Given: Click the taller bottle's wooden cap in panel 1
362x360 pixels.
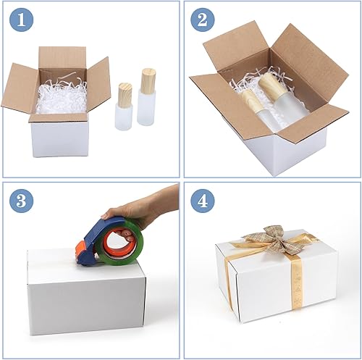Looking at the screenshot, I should pyautogui.click(x=148, y=80).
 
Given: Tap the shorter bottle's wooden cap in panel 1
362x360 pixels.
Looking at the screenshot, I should pyautogui.click(x=125, y=93).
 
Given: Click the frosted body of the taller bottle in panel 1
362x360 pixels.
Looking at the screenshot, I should pyautogui.click(x=147, y=108).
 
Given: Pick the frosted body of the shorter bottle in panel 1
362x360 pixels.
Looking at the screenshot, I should pyautogui.click(x=124, y=117).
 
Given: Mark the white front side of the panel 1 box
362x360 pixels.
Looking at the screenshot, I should pyautogui.click(x=58, y=138).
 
